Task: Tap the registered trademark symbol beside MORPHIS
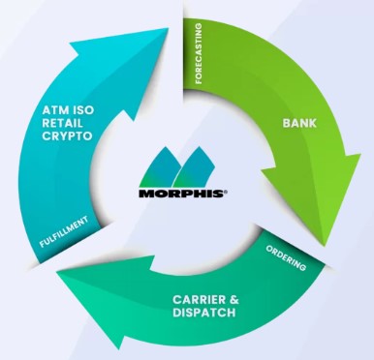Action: point(226,191)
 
